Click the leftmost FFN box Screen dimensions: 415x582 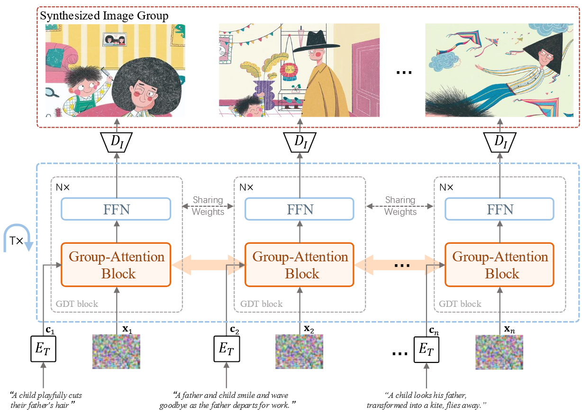(116, 209)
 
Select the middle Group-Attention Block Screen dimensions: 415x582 (300, 265)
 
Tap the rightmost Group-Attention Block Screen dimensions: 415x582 (500, 265)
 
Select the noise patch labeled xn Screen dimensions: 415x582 (500, 352)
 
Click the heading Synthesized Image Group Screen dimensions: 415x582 (104, 16)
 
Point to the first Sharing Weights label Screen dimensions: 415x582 (208, 206)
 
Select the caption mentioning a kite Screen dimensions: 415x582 (427, 400)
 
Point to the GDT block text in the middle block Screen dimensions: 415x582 (261, 304)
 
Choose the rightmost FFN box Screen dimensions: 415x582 (500, 209)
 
